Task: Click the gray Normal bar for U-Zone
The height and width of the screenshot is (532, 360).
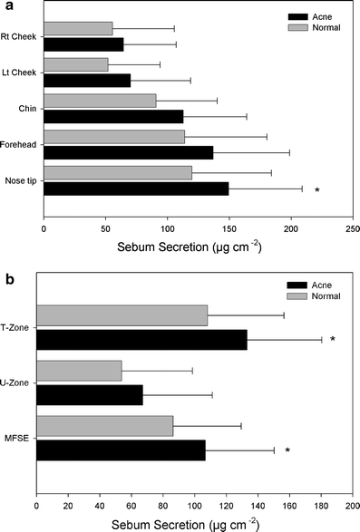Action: [79, 370]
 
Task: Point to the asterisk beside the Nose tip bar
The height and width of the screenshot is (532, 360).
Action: [316, 190]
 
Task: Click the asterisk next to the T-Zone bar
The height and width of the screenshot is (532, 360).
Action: [333, 340]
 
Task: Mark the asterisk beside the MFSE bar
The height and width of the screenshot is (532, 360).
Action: [287, 450]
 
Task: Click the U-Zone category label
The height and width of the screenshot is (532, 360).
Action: [17, 382]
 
